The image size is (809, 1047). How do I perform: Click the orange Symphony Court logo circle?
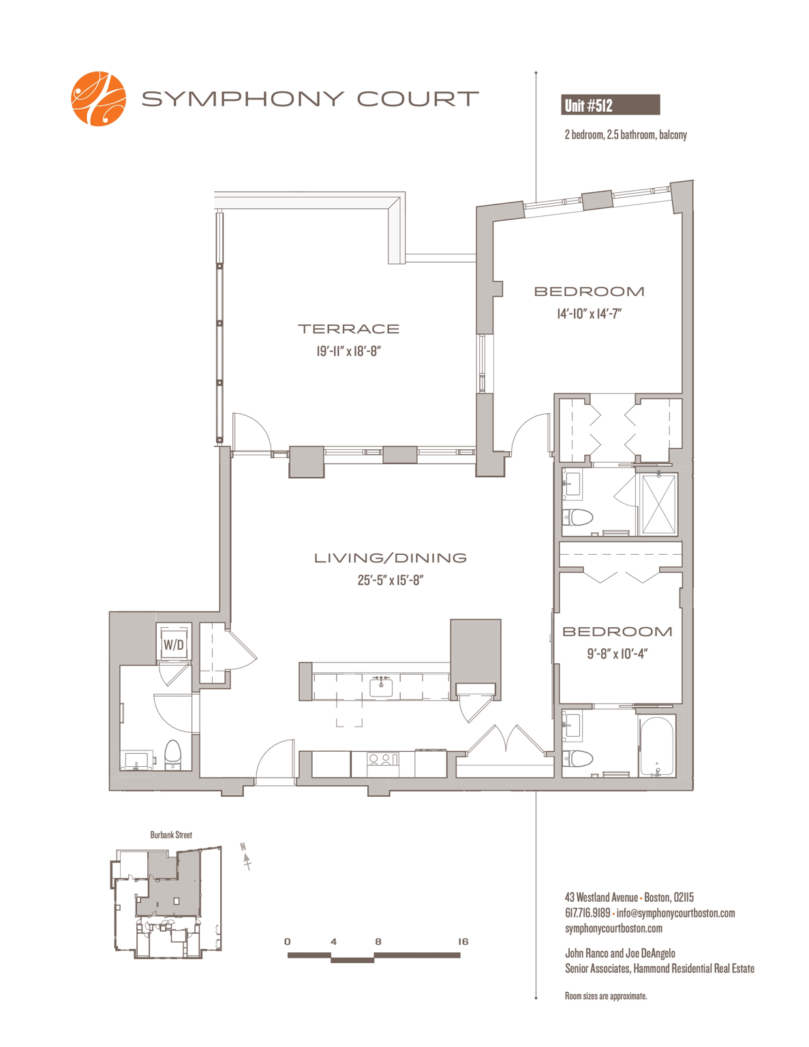(98, 99)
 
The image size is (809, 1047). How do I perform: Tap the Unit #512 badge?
(610, 104)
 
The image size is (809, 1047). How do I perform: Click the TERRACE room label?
(349, 329)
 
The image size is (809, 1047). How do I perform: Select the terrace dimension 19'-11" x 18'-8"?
(349, 351)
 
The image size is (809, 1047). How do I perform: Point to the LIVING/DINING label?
(390, 558)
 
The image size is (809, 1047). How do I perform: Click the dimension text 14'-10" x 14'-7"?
(590, 314)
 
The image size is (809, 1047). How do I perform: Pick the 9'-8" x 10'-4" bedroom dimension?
(617, 654)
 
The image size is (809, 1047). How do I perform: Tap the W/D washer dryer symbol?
(173, 644)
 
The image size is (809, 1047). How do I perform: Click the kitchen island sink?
(381, 686)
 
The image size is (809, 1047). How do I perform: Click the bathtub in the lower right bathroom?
(656, 746)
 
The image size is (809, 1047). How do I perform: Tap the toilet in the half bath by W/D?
(172, 755)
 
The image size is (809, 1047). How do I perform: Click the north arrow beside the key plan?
(246, 855)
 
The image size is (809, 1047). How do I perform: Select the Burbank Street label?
(171, 835)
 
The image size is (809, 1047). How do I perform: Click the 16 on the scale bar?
(463, 941)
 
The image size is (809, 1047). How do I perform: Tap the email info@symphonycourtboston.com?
(675, 913)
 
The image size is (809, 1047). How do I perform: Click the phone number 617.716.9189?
(587, 913)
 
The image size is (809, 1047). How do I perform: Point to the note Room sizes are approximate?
(606, 996)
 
